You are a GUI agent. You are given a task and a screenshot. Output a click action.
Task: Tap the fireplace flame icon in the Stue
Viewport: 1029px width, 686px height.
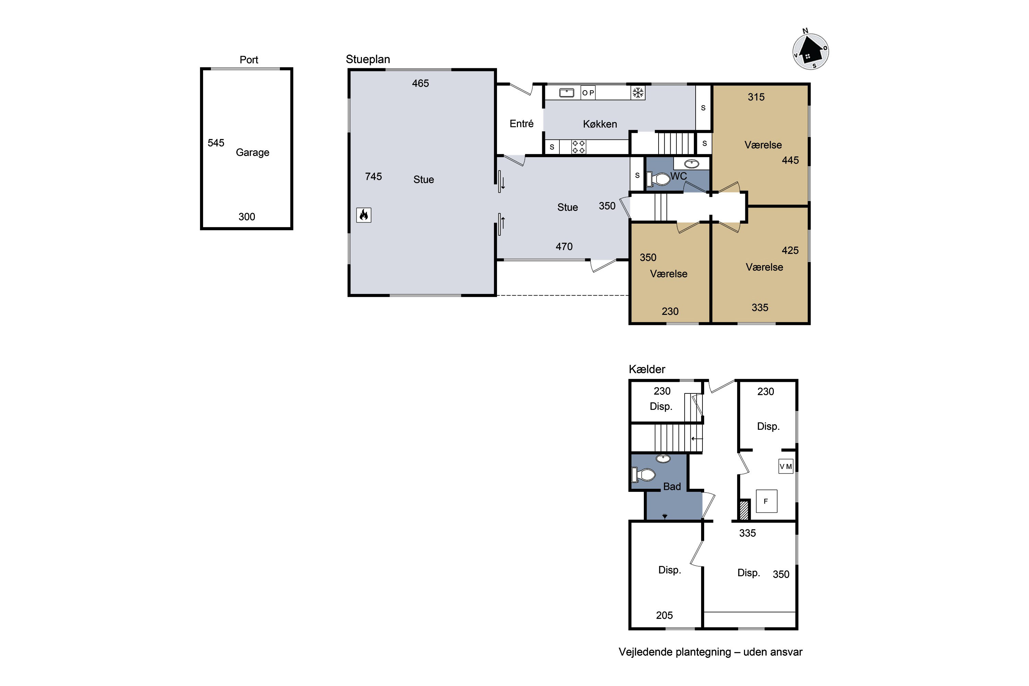tap(364, 215)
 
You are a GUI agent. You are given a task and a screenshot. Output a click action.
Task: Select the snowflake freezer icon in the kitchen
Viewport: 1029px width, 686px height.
tap(638, 93)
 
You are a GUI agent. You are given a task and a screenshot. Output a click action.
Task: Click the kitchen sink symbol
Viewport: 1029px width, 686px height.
tap(567, 93)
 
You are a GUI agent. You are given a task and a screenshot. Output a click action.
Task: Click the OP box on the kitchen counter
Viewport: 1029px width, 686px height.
tap(588, 93)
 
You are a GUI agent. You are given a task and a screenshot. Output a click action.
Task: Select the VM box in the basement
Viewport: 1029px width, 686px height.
tap(786, 466)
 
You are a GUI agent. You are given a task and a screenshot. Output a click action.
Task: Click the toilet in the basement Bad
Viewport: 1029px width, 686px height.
tap(643, 475)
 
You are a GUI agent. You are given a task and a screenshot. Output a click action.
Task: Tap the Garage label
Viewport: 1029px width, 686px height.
tap(252, 153)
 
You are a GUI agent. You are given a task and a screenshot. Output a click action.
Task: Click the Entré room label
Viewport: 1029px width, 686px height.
tap(521, 124)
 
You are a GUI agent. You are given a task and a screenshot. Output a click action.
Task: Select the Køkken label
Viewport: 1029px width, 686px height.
tap(600, 124)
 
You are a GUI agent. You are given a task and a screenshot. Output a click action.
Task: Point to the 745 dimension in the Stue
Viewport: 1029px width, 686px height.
tap(373, 176)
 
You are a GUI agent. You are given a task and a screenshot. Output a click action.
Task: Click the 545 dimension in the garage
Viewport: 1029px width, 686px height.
tap(216, 143)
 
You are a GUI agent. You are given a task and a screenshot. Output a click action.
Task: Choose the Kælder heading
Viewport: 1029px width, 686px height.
tap(647, 369)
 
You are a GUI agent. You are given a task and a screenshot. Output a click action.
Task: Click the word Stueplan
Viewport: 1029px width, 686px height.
tap(368, 59)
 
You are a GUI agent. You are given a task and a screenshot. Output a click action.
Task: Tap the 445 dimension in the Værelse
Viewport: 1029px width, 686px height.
tap(790, 160)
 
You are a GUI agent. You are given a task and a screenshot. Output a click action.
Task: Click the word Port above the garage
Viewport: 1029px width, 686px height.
tap(249, 60)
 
